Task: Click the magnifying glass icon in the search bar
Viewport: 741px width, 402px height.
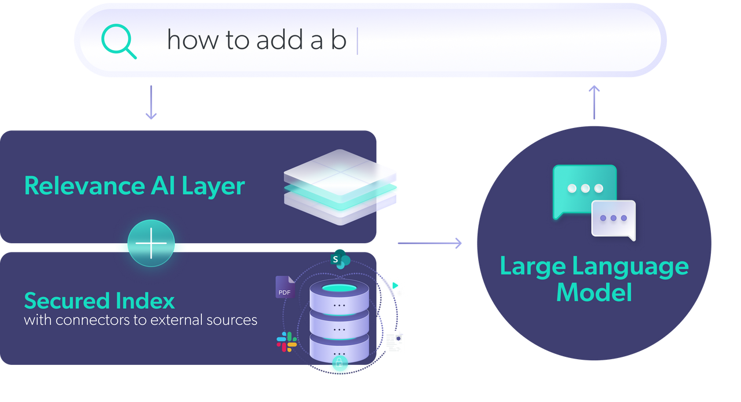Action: point(119,41)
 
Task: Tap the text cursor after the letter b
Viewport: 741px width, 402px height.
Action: point(357,41)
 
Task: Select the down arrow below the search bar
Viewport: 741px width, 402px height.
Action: point(151,103)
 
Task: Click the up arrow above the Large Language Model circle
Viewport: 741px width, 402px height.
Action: point(594,102)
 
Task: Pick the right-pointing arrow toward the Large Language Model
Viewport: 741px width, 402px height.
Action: point(430,243)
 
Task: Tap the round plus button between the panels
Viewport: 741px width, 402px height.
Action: point(151,243)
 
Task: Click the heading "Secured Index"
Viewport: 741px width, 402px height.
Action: point(99,301)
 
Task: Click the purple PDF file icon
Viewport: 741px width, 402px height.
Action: point(285,287)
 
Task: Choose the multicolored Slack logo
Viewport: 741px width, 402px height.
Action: point(287,342)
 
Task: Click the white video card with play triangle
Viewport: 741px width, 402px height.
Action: point(394,287)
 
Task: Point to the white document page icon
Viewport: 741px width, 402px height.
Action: point(394,341)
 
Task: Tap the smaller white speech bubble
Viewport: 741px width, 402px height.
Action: point(614,219)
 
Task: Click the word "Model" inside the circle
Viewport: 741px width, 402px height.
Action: point(594,291)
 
